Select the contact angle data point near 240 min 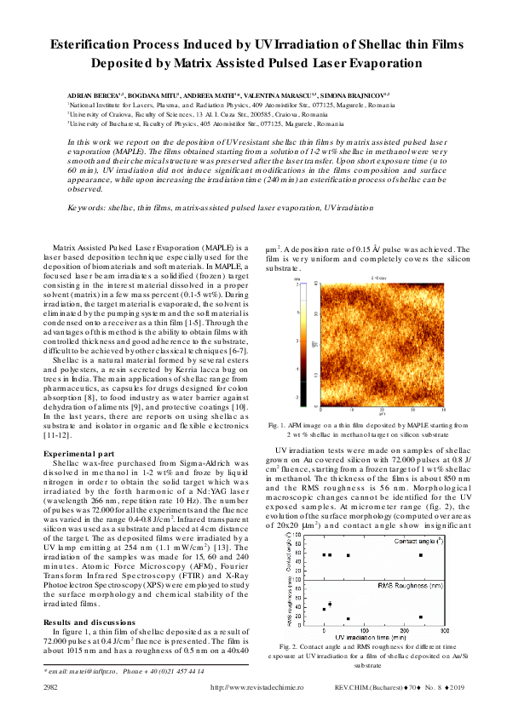[x=421, y=554]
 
